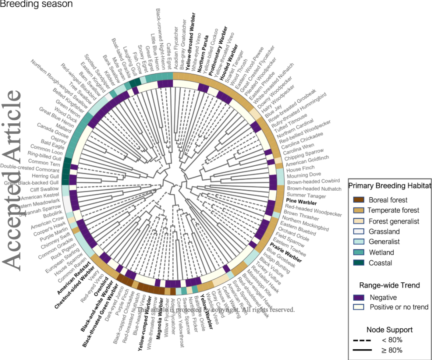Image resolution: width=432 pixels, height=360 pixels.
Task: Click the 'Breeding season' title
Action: (x=36, y=4)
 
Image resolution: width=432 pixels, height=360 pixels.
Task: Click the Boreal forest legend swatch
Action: (x=359, y=200)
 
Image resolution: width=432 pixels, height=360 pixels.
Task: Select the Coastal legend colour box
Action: (x=359, y=263)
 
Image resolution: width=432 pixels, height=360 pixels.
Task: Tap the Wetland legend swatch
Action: (x=359, y=253)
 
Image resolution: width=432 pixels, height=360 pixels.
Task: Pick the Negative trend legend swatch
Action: (x=359, y=298)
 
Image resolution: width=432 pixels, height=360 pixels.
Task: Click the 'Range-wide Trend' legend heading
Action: (x=389, y=285)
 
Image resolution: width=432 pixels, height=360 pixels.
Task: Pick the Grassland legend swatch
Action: (x=359, y=231)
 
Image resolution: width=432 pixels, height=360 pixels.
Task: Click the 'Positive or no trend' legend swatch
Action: (x=359, y=307)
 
